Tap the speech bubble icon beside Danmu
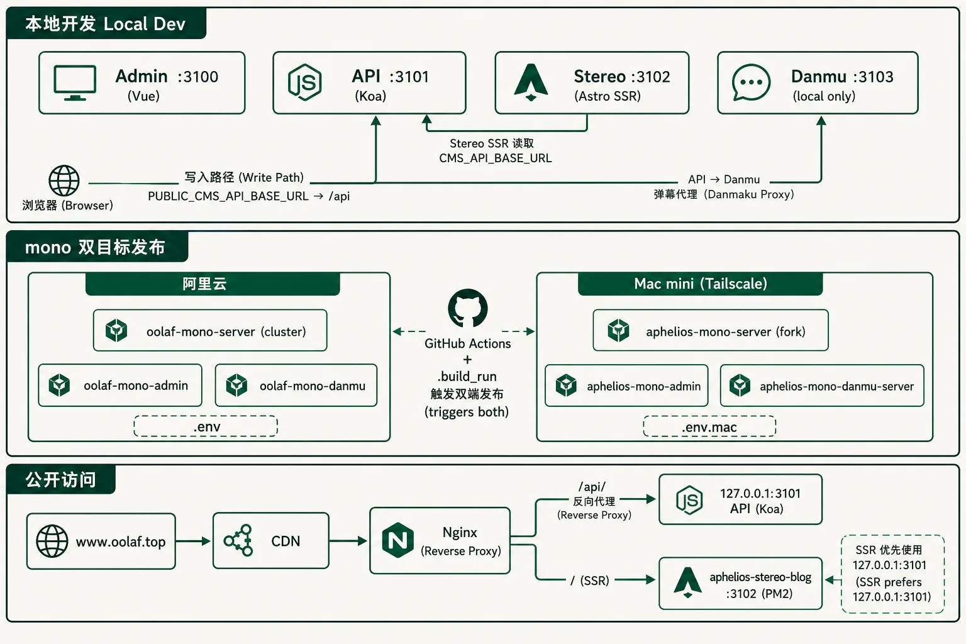(x=751, y=82)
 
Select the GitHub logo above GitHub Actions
(x=468, y=308)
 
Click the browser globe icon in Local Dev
(x=64, y=180)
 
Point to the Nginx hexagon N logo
(x=397, y=540)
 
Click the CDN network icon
(x=238, y=540)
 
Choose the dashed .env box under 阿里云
(x=206, y=426)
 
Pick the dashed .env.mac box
(x=709, y=426)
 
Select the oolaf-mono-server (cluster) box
(x=210, y=330)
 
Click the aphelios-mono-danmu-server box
(x=822, y=386)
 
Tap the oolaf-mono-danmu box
(x=296, y=385)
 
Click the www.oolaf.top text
(x=121, y=541)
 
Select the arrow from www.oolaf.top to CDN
(x=193, y=541)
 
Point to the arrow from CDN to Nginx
(x=348, y=541)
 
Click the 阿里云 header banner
(x=213, y=284)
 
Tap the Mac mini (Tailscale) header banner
(x=701, y=284)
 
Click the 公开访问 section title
(x=61, y=480)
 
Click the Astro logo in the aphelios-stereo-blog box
(x=687, y=582)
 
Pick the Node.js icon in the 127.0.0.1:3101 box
(x=689, y=500)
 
